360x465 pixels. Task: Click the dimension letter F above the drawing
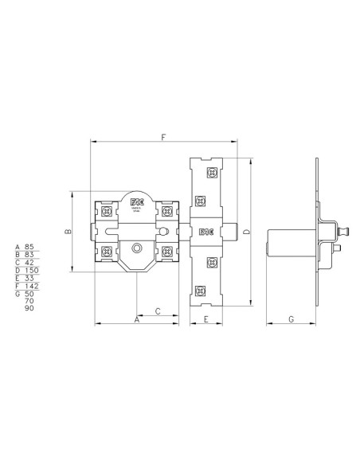(x=163, y=138)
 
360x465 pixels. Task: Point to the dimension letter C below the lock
(x=158, y=311)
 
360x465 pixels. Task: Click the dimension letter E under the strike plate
(x=205, y=319)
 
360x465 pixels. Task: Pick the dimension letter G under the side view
(x=291, y=319)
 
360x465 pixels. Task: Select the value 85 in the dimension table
(x=29, y=247)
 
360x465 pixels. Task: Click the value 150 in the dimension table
(x=31, y=271)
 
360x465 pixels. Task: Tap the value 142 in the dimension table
(x=31, y=286)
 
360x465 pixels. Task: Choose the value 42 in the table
(x=29, y=263)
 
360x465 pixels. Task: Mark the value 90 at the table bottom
(x=29, y=308)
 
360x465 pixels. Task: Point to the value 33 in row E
(x=29, y=278)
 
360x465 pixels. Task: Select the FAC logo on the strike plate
(x=205, y=232)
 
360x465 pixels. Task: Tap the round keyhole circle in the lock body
(x=137, y=248)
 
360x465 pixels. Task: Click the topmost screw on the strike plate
(x=211, y=173)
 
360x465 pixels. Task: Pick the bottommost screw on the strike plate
(x=211, y=291)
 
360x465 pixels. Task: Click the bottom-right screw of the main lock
(x=167, y=252)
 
